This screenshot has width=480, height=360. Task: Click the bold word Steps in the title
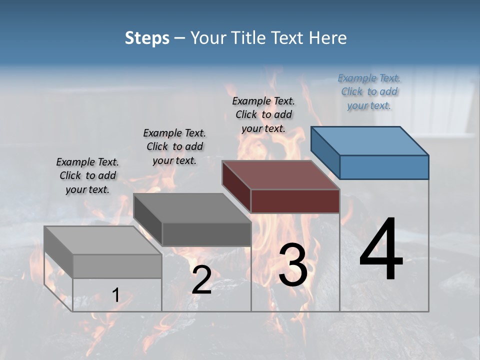pyautogui.click(x=147, y=38)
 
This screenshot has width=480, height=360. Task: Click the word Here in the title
pyautogui.click(x=329, y=38)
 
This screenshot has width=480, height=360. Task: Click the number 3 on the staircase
pyautogui.click(x=293, y=264)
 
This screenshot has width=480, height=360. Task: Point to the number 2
pyautogui.click(x=201, y=280)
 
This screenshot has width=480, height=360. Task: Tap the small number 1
pyautogui.click(x=116, y=295)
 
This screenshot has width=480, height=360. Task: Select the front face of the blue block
pyautogui.click(x=384, y=167)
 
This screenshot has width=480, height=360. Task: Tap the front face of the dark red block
pyautogui.click(x=295, y=201)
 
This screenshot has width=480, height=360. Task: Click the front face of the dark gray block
pyautogui.click(x=206, y=234)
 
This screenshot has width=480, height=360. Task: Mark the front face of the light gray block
pyautogui.click(x=117, y=266)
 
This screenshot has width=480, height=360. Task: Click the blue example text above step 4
pyautogui.click(x=369, y=92)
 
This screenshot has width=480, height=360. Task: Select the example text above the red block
pyautogui.click(x=263, y=114)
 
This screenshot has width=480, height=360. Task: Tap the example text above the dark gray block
pyautogui.click(x=174, y=146)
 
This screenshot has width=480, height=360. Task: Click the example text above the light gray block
pyautogui.click(x=87, y=175)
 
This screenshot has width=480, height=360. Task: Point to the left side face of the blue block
pyautogui.click(x=325, y=152)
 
